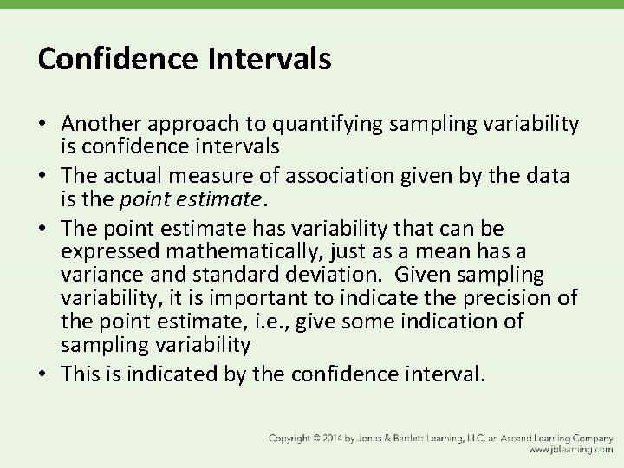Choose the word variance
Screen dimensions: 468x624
(x=98, y=275)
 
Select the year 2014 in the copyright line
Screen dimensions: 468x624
(x=331, y=439)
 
